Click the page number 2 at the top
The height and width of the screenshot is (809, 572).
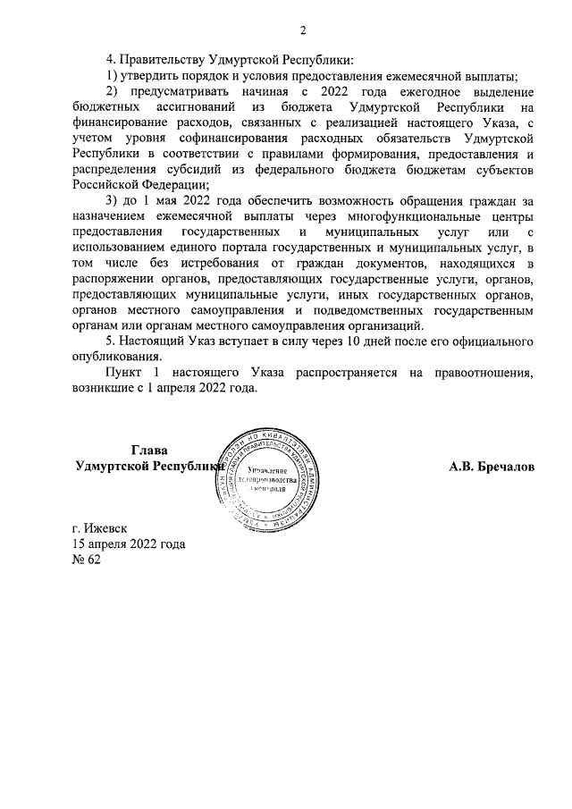(x=303, y=31)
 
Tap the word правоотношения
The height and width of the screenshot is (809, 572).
(x=478, y=371)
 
